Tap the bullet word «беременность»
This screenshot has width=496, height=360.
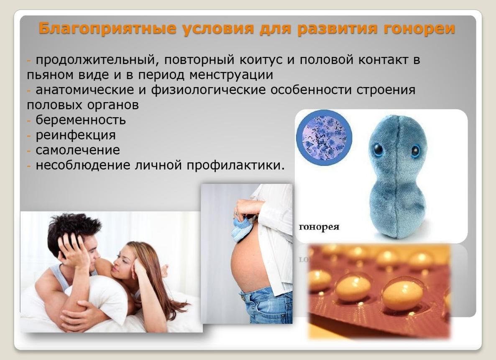tap(81, 120)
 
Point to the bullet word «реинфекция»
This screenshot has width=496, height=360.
tap(76, 135)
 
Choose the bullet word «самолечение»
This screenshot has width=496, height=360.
tap(78, 150)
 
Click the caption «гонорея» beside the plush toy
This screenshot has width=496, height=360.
tap(319, 227)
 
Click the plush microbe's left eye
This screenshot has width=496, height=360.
tap(378, 149)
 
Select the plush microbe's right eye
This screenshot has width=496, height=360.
tap(415, 151)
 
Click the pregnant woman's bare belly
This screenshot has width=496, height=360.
tap(249, 264)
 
